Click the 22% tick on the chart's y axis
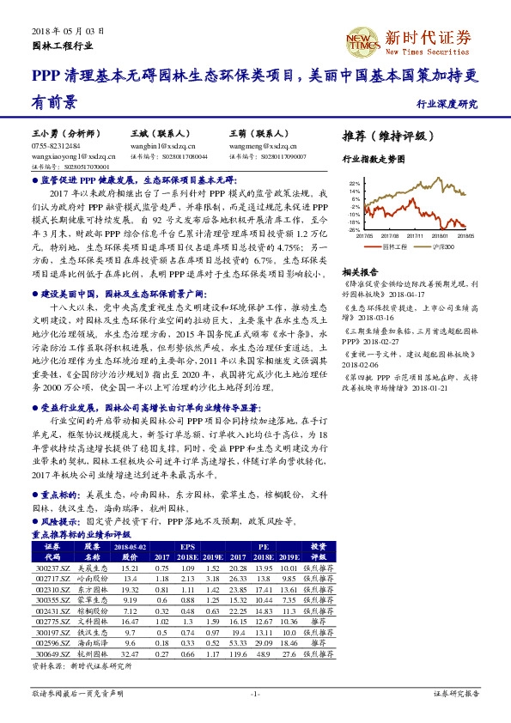pyautogui.click(x=355, y=184)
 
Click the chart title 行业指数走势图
pyautogui.click(x=374, y=160)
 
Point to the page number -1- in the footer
pyautogui.click(x=255, y=692)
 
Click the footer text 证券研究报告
pyautogui.click(x=455, y=692)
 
